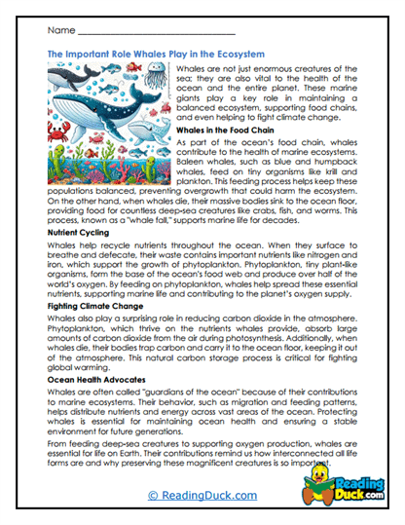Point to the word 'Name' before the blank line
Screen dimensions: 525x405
point(61,32)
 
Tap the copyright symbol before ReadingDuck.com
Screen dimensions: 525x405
point(150,496)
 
